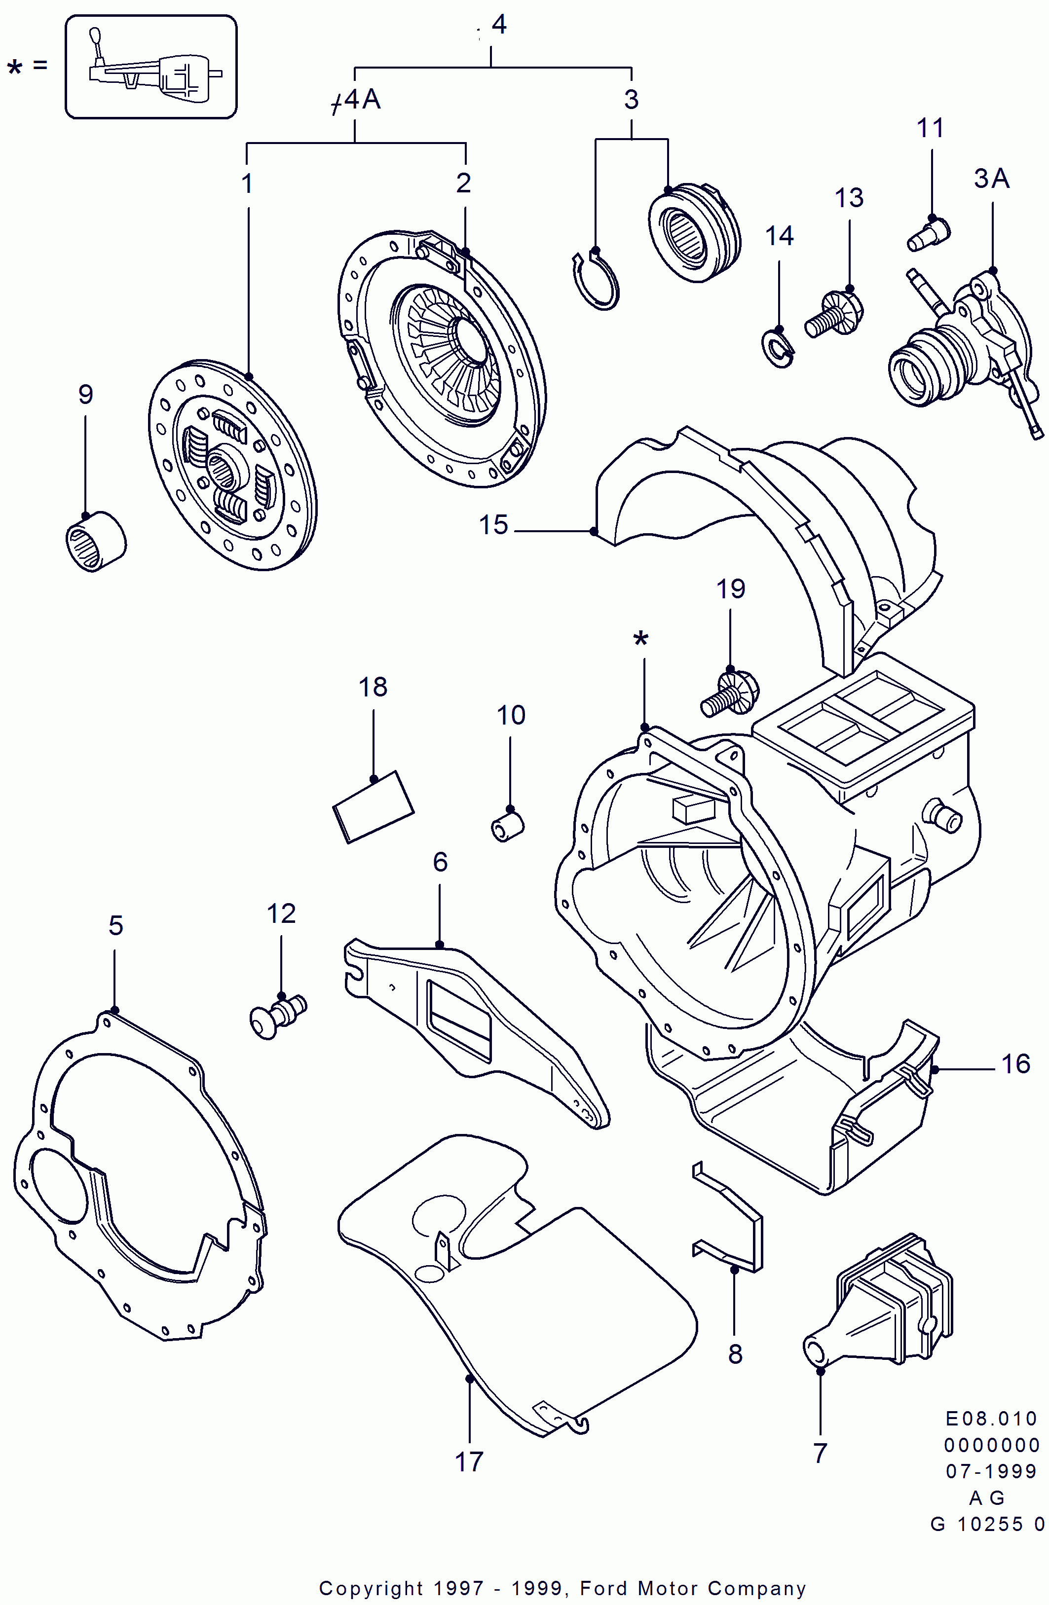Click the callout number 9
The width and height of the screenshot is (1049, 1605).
coord(85,395)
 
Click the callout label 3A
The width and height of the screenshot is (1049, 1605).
coord(991,179)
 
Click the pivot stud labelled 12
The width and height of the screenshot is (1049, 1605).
coord(278,1016)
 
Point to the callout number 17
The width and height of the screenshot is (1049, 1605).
coord(469,1462)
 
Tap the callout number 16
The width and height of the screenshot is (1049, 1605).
coord(1015,1064)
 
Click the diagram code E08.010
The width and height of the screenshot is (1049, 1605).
coord(990,1420)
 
